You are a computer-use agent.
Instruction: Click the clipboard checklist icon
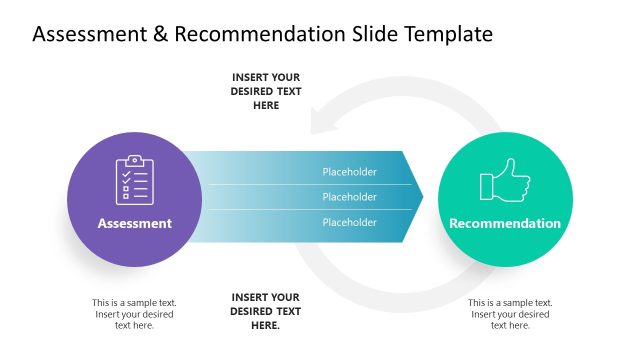[134, 181]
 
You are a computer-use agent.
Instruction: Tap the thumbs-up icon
[504, 181]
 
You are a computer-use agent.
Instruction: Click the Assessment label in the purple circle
[134, 224]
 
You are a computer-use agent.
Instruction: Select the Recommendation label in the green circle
[505, 224]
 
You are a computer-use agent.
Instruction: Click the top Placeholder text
[349, 172]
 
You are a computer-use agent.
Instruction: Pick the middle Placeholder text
[349, 197]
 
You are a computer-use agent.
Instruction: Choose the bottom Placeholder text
[349, 222]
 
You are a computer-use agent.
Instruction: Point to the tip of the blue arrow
[421, 197]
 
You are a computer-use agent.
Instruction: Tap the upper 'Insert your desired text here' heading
[266, 91]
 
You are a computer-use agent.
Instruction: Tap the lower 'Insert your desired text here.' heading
[266, 311]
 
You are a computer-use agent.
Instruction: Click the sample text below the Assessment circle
[134, 314]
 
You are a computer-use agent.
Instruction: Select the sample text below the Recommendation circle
[510, 314]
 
